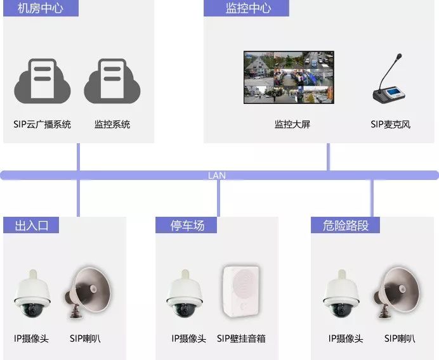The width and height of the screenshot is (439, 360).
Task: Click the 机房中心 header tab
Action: [41, 8]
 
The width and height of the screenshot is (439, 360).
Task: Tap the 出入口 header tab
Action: [31, 225]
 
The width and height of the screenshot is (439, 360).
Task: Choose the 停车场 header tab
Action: [187, 225]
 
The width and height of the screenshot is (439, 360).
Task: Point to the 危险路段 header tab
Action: [346, 225]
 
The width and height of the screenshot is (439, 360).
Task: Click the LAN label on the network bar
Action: [217, 176]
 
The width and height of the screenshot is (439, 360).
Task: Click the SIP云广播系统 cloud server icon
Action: [42, 80]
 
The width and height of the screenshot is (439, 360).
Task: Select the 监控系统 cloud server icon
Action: [112, 80]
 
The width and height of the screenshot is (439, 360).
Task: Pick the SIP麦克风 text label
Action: [390, 124]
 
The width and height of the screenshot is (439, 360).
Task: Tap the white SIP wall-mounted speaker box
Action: [242, 292]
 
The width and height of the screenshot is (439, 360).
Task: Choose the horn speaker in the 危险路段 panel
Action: [399, 291]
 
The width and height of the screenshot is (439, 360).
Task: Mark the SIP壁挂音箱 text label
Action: [241, 339]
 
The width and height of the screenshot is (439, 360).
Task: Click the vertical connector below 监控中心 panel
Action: [328, 157]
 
